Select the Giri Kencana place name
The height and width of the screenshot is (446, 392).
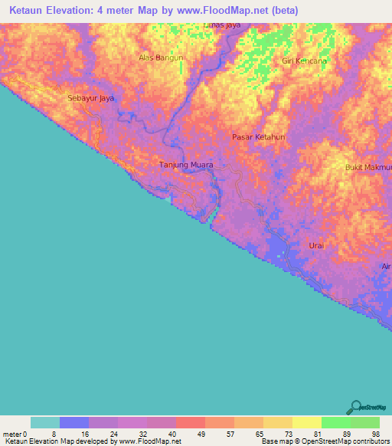(304, 61)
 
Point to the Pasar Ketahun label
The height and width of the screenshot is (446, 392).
(258, 136)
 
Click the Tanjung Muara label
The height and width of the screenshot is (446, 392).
(185, 165)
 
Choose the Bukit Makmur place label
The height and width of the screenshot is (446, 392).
(369, 167)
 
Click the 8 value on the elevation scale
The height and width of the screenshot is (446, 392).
(54, 434)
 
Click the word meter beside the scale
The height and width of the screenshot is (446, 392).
(12, 434)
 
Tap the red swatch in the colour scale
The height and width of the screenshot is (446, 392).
(190, 422)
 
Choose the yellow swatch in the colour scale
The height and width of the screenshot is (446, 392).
(306, 422)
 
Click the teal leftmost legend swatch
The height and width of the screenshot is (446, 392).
(44, 422)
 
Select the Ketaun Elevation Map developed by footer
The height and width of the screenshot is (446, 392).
(91, 441)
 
